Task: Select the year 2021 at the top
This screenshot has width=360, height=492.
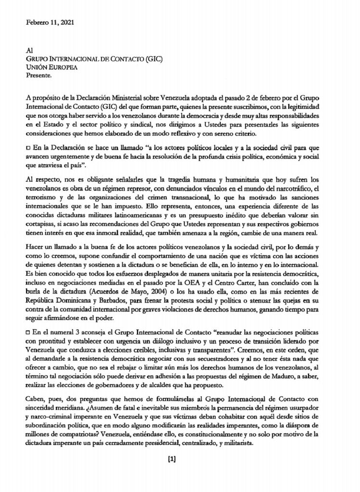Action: coord(67,22)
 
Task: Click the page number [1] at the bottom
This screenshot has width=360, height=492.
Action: coord(172,458)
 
